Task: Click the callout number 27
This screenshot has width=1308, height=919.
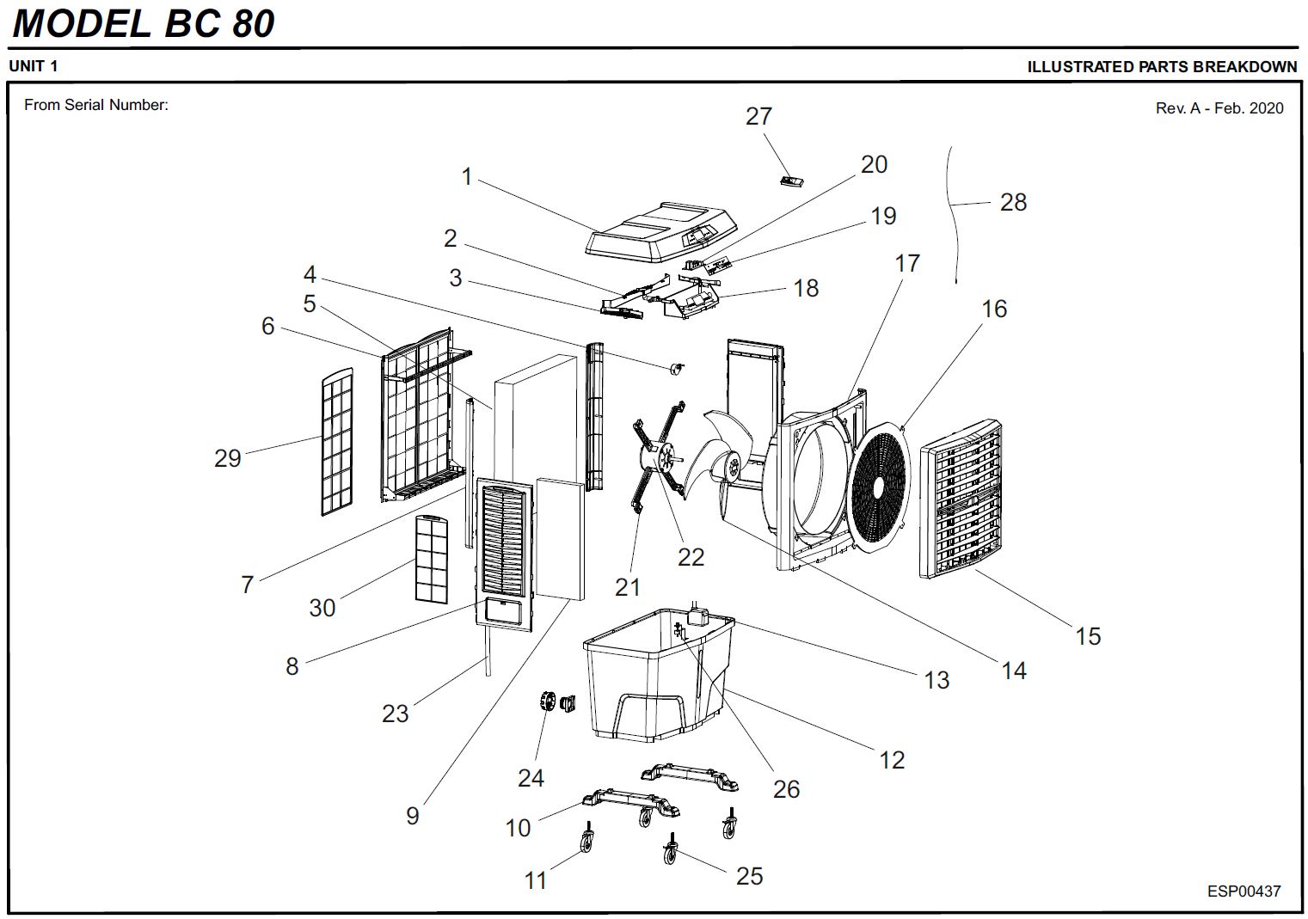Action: click(758, 116)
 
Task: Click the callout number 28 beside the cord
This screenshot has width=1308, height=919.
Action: click(1013, 202)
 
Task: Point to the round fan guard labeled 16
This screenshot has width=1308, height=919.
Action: click(879, 486)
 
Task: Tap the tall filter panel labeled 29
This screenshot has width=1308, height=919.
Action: click(336, 442)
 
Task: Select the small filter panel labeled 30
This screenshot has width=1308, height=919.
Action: click(431, 559)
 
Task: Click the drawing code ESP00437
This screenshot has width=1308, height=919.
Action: click(1244, 891)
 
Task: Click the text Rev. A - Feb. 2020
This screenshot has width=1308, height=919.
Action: click(1219, 108)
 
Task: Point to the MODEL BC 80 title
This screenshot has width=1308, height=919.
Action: click(144, 23)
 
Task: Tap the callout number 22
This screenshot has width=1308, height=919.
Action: click(691, 557)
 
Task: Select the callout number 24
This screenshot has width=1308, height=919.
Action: click(531, 778)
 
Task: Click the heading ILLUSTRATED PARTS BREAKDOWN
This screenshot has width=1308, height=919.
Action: click(1161, 67)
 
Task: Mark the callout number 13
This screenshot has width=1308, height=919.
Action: click(936, 680)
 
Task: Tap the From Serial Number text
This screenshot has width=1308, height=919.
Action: click(95, 105)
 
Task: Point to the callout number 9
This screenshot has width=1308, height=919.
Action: click(413, 816)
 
